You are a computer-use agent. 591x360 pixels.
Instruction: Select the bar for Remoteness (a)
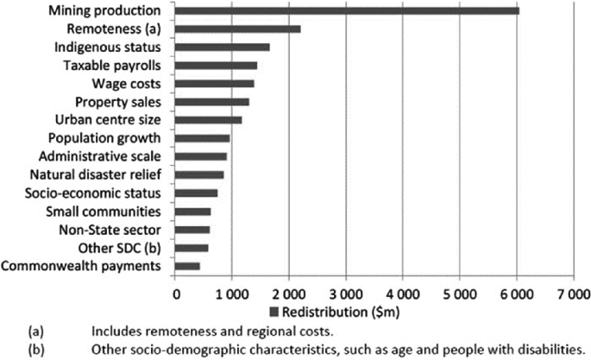coord(238,28)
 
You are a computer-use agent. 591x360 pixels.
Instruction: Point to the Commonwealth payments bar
coord(187,265)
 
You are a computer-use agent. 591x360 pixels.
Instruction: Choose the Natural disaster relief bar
coord(199,174)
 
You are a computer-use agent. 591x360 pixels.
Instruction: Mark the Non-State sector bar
coord(192,229)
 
